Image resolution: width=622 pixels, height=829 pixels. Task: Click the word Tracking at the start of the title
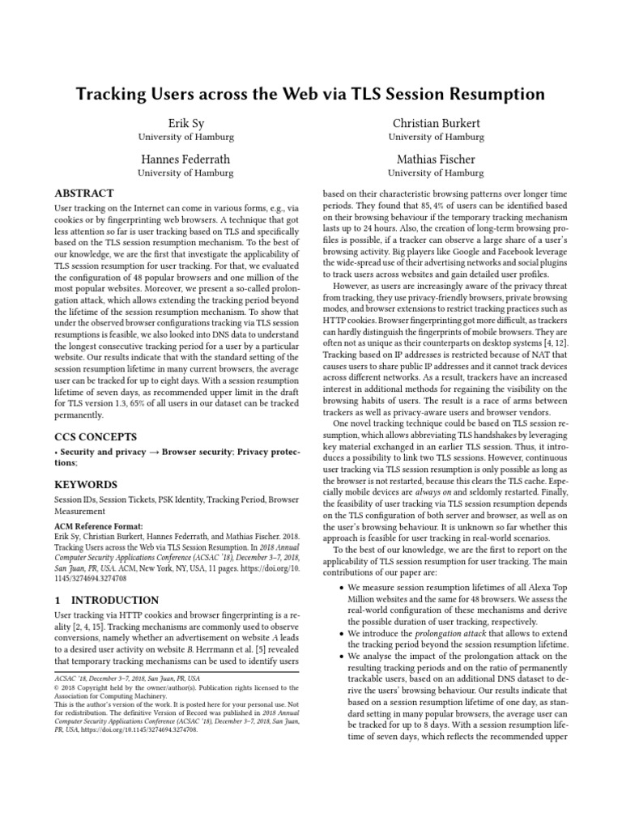(x=111, y=95)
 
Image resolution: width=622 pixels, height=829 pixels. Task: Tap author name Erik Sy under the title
(x=185, y=123)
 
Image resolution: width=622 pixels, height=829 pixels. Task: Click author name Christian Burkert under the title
(x=437, y=123)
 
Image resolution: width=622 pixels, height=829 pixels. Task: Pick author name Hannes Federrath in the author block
(x=185, y=159)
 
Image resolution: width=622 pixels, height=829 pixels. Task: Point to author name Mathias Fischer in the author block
(x=437, y=159)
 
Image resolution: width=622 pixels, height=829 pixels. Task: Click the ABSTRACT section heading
(x=84, y=194)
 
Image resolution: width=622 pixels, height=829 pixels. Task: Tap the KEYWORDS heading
(x=85, y=484)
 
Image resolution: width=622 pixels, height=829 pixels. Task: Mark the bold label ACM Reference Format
(x=98, y=526)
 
